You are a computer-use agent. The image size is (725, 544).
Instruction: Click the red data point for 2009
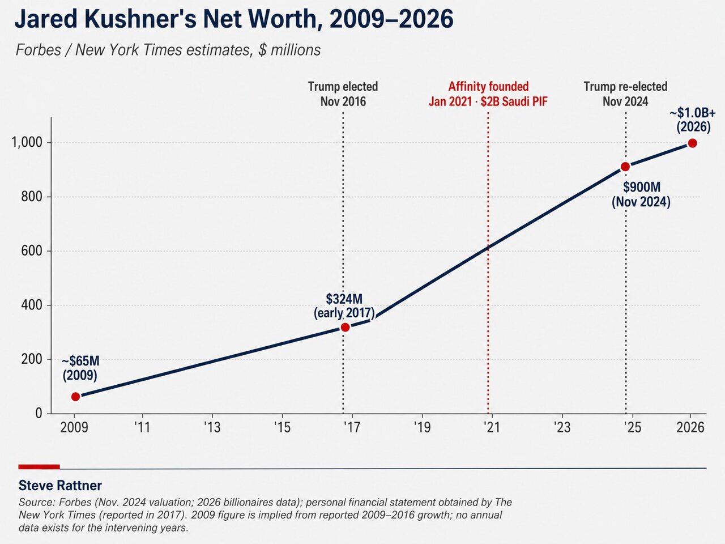(x=76, y=396)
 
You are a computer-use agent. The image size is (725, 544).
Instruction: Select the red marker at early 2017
(x=345, y=327)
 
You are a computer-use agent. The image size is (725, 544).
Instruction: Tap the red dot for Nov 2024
(x=625, y=167)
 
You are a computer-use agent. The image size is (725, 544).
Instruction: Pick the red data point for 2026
(x=693, y=143)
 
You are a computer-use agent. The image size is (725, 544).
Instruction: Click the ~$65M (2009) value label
(x=80, y=368)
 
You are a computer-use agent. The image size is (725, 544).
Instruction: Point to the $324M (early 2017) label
(x=344, y=306)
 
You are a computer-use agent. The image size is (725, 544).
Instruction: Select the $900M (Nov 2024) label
(x=641, y=194)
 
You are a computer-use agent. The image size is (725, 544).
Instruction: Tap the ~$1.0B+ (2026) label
(x=693, y=120)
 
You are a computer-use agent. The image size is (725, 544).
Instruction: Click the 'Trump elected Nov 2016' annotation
(x=343, y=94)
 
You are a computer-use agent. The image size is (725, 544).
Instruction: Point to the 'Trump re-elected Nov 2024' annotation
(x=625, y=94)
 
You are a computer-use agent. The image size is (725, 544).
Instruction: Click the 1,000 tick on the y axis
(x=27, y=142)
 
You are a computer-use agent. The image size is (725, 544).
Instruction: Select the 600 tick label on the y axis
(x=32, y=250)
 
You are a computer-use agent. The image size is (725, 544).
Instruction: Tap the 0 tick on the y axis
(x=39, y=413)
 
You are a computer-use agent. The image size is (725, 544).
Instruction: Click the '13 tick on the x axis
(x=212, y=427)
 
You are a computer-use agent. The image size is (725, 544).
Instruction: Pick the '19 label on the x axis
(x=422, y=427)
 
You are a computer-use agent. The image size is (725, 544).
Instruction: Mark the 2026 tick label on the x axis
(x=690, y=427)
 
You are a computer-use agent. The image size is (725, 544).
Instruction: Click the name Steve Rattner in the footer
(x=60, y=486)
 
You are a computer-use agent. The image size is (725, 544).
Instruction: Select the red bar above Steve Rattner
(x=39, y=467)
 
